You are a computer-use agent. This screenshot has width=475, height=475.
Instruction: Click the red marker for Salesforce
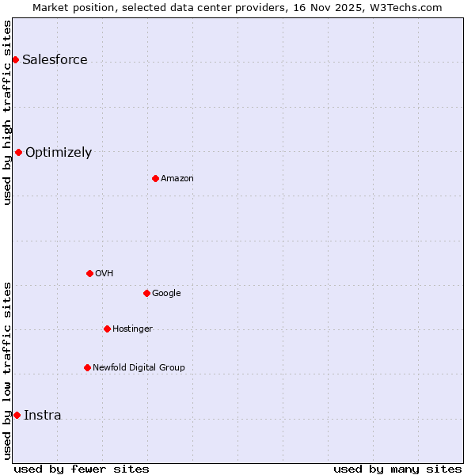(15, 59)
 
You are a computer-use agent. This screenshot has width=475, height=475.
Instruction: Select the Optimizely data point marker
(18, 152)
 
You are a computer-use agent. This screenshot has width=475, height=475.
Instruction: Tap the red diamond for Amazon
(155, 178)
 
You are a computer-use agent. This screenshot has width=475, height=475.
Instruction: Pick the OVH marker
(89, 273)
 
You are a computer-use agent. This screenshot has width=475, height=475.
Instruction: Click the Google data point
(146, 293)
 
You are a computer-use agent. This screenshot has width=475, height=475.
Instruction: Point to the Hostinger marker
(107, 329)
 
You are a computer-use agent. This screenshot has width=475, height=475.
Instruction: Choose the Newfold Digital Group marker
(87, 367)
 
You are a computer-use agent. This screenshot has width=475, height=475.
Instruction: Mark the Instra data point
(17, 415)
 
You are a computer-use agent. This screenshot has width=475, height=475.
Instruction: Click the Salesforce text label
(55, 60)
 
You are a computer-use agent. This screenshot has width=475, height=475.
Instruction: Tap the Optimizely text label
(59, 153)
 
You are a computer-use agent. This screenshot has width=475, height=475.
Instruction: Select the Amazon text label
(177, 179)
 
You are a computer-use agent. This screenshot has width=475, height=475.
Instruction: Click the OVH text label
(104, 274)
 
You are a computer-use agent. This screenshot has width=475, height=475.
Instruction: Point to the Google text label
(166, 294)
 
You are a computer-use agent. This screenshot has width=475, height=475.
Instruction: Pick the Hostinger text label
(132, 329)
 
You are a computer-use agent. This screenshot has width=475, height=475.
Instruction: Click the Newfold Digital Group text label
(139, 368)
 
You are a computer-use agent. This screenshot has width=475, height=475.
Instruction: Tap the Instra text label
(42, 416)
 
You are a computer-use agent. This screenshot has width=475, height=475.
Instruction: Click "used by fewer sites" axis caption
(82, 469)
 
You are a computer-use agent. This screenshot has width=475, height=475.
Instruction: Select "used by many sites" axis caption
(397, 469)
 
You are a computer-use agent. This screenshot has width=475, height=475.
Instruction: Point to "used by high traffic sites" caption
(7, 112)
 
